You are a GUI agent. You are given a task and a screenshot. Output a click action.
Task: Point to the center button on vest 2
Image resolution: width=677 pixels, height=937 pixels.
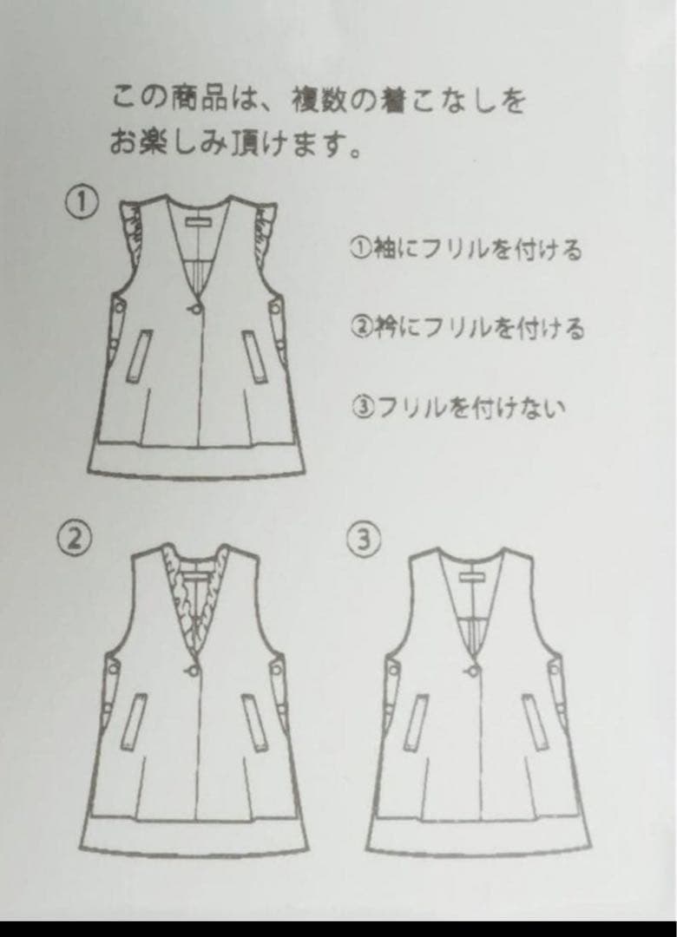tap(192, 668)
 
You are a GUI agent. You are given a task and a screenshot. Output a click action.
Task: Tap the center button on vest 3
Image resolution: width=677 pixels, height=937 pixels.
tap(476, 668)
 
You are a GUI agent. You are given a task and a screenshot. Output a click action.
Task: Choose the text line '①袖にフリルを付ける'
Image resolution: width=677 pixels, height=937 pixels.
tap(465, 250)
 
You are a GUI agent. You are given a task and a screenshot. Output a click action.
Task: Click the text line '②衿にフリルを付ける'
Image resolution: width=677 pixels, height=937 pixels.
tap(466, 328)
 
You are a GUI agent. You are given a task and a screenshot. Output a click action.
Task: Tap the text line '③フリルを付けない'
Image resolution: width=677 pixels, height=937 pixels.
tap(457, 406)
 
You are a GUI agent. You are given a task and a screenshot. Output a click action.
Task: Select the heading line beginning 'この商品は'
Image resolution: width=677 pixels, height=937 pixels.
tap(318, 101)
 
